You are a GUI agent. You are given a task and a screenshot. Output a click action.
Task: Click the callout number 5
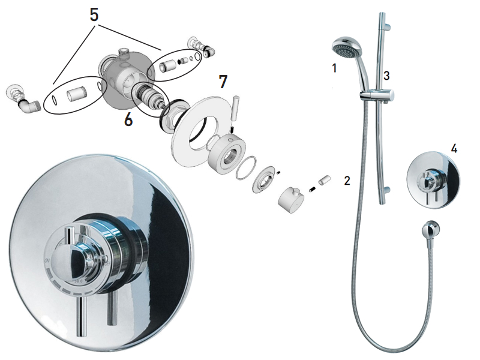click(x=94, y=14)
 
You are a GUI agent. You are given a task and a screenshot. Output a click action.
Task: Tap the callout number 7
click(x=223, y=82)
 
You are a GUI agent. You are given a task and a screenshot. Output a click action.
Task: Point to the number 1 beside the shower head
click(x=334, y=68)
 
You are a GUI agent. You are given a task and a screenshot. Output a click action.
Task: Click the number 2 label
click(x=347, y=181)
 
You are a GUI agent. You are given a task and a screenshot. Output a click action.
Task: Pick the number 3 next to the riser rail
click(x=386, y=76)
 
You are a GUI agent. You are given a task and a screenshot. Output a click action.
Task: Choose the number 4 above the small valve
click(x=454, y=149)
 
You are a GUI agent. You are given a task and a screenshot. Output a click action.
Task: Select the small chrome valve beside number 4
click(x=433, y=181)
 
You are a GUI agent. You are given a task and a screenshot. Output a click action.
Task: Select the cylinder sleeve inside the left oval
click(x=77, y=94)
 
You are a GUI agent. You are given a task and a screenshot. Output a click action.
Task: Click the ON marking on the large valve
click(x=47, y=260)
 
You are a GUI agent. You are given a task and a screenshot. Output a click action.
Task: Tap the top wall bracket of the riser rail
click(x=388, y=27)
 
